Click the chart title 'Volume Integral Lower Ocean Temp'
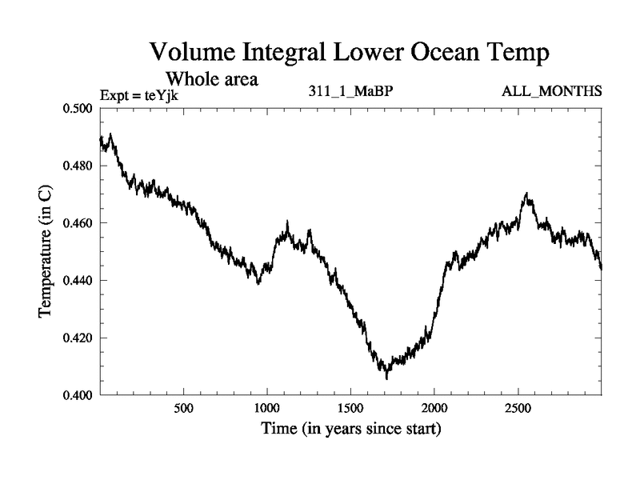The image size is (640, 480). tap(350, 54)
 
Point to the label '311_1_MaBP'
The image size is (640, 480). tap(350, 90)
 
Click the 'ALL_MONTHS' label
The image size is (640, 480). tap(551, 90)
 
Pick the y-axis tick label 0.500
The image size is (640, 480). tap(78, 108)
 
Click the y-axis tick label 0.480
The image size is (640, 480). tap(78, 166)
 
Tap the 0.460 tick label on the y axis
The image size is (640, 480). tap(78, 223)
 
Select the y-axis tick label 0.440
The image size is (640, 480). tap(78, 281)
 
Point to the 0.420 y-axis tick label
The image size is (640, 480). tap(78, 338)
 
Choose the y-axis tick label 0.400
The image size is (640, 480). tap(78, 395)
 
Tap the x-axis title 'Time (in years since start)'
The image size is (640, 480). tap(350, 430)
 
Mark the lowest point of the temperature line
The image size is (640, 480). tap(386, 378)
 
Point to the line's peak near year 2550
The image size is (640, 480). tap(526, 193)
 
